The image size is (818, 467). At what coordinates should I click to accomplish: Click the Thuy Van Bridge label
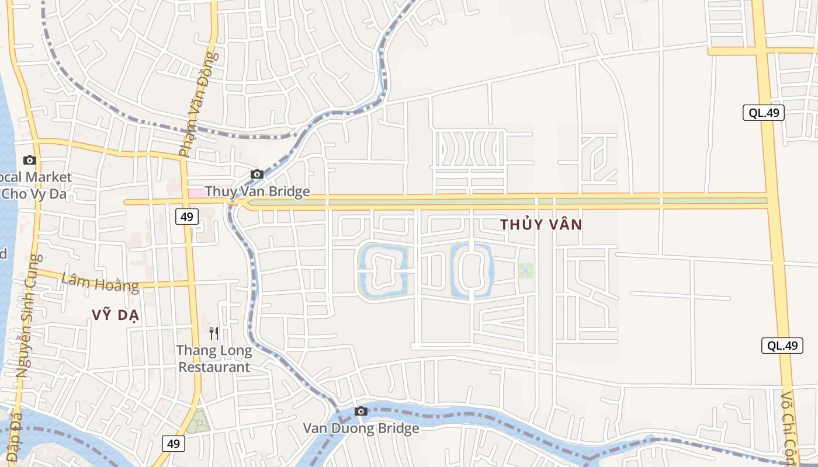[x=257, y=191]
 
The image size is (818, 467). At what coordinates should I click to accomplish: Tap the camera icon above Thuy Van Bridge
[x=257, y=174]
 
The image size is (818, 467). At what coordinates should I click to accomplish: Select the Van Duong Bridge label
[x=361, y=428]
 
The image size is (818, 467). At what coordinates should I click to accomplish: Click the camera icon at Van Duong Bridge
[x=361, y=411]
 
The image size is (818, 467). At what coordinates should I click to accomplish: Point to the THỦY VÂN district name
[x=541, y=225]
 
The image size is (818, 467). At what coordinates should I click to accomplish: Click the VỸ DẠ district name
[x=115, y=315]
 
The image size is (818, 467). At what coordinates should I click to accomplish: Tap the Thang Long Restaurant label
[x=214, y=359]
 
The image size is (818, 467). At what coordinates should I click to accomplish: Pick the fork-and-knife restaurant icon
[x=214, y=333]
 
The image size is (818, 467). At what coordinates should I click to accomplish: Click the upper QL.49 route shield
[x=763, y=113]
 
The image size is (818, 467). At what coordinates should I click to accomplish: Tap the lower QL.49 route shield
[x=782, y=345]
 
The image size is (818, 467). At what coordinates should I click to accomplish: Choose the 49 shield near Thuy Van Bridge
[x=186, y=217]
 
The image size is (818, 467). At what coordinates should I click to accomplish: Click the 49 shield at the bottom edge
[x=173, y=444]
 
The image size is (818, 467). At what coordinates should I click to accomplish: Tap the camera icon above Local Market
[x=29, y=160]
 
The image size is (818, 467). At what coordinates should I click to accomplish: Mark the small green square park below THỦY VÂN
[x=525, y=270]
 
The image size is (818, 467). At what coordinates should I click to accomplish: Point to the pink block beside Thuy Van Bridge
[x=196, y=192]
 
